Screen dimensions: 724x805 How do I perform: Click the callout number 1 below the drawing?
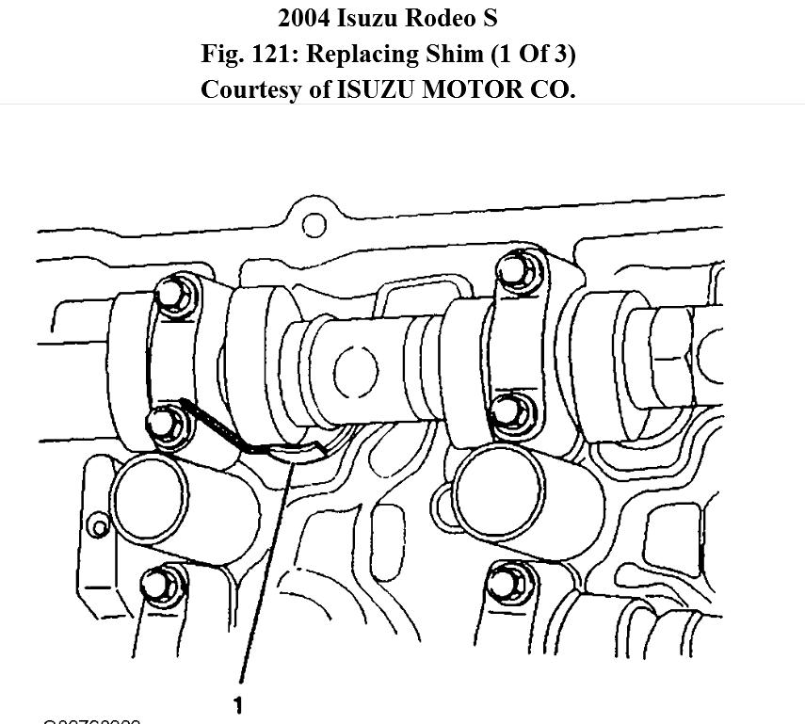click(x=239, y=704)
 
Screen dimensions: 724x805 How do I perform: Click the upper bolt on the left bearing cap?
click(x=172, y=295)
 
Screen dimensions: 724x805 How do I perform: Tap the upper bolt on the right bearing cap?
click(x=514, y=271)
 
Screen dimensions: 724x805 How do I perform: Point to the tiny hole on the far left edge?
click(x=96, y=524)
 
